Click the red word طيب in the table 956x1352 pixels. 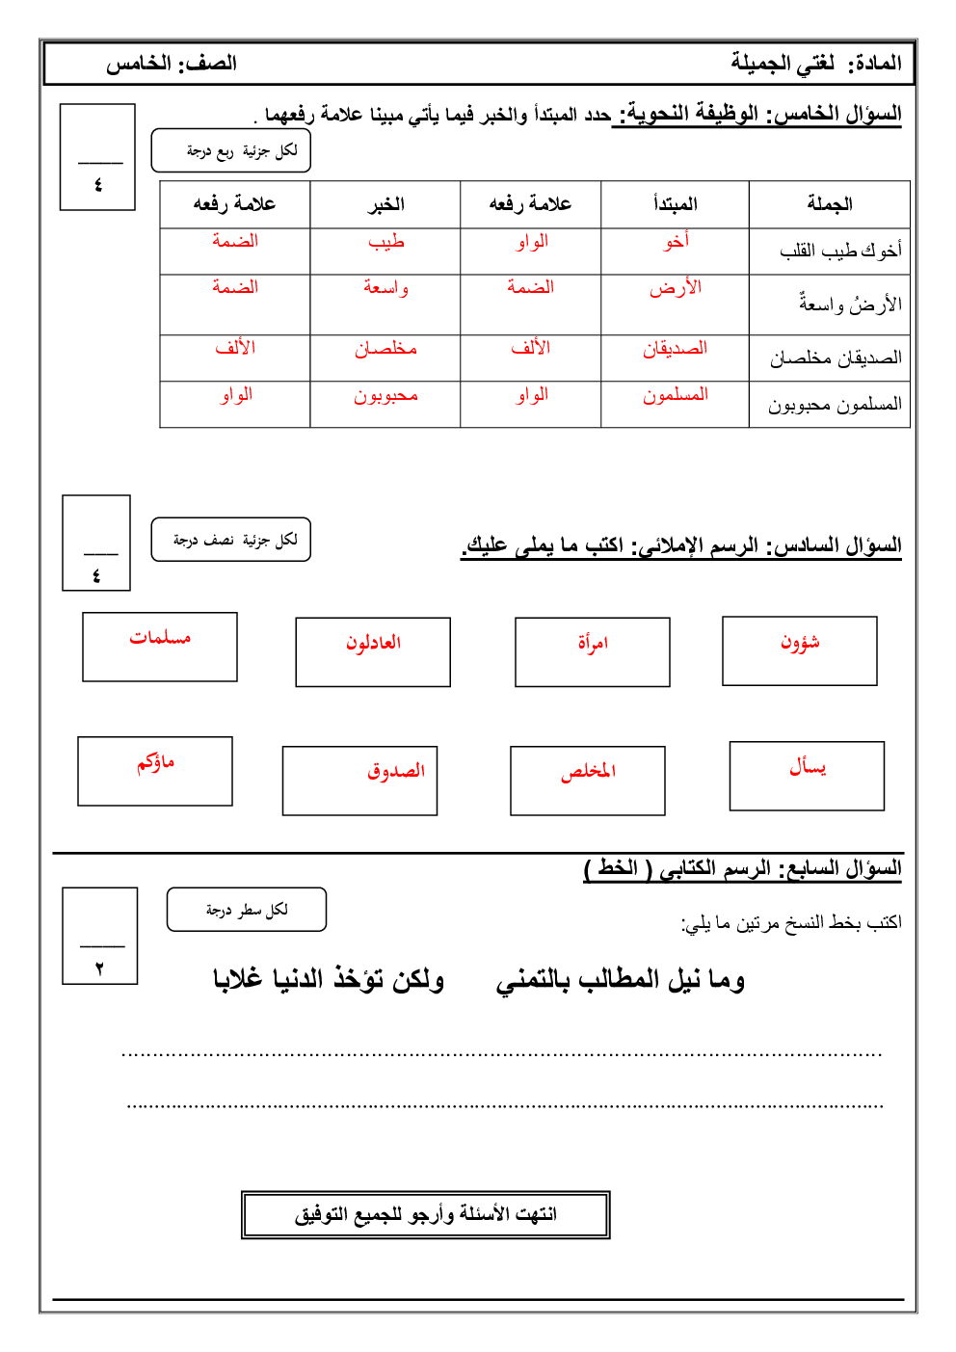click(386, 243)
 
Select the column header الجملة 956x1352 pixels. click(830, 204)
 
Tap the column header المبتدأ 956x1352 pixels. click(675, 204)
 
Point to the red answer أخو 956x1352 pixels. click(676, 242)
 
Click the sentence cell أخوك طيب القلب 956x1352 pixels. click(840, 251)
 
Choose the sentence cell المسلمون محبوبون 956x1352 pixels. click(835, 405)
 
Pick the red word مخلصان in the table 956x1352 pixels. click(385, 349)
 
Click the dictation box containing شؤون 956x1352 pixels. click(800, 651)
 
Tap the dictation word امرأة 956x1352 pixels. click(593, 644)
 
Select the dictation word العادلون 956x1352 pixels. click(373, 643)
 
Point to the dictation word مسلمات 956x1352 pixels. click(160, 638)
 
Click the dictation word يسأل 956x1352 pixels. click(808, 767)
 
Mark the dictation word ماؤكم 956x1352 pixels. click(155, 763)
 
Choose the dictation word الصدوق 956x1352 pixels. click(395, 771)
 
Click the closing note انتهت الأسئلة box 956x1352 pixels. click(425, 1214)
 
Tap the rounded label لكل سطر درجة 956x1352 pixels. click(247, 910)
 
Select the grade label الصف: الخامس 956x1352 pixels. click(172, 64)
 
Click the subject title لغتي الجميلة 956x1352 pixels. click(783, 64)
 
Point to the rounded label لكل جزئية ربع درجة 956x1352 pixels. click(231, 151)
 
